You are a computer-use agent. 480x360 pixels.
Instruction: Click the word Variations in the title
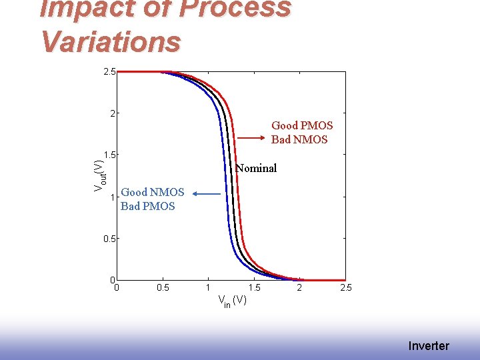111,41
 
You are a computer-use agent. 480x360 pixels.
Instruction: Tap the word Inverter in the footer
429,345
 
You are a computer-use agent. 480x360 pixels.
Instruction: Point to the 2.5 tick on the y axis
109,71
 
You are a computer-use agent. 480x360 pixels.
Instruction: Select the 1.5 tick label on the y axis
109,155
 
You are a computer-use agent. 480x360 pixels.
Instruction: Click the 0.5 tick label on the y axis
109,238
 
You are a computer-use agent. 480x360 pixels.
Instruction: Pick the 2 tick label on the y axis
113,113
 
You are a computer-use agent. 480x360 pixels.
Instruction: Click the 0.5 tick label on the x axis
163,288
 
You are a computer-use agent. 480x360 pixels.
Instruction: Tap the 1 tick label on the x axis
208,288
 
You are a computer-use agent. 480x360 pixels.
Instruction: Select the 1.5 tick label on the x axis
254,288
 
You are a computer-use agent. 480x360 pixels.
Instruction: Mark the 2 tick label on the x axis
299,288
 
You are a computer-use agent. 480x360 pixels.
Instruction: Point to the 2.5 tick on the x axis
345,288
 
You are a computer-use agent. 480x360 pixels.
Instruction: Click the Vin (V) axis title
233,301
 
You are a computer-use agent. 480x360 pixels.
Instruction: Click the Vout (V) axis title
98,176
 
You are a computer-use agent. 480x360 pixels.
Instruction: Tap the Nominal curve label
256,168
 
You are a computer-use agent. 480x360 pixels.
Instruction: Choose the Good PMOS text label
302,125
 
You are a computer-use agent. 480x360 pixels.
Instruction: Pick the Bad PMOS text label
148,206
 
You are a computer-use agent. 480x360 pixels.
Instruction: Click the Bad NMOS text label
299,139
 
